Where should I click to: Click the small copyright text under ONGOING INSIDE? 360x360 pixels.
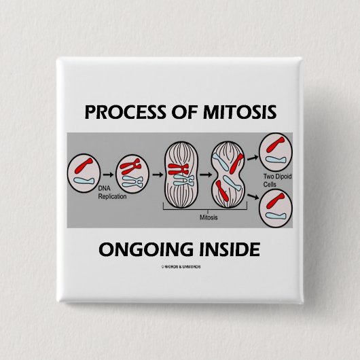pos(179,266)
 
